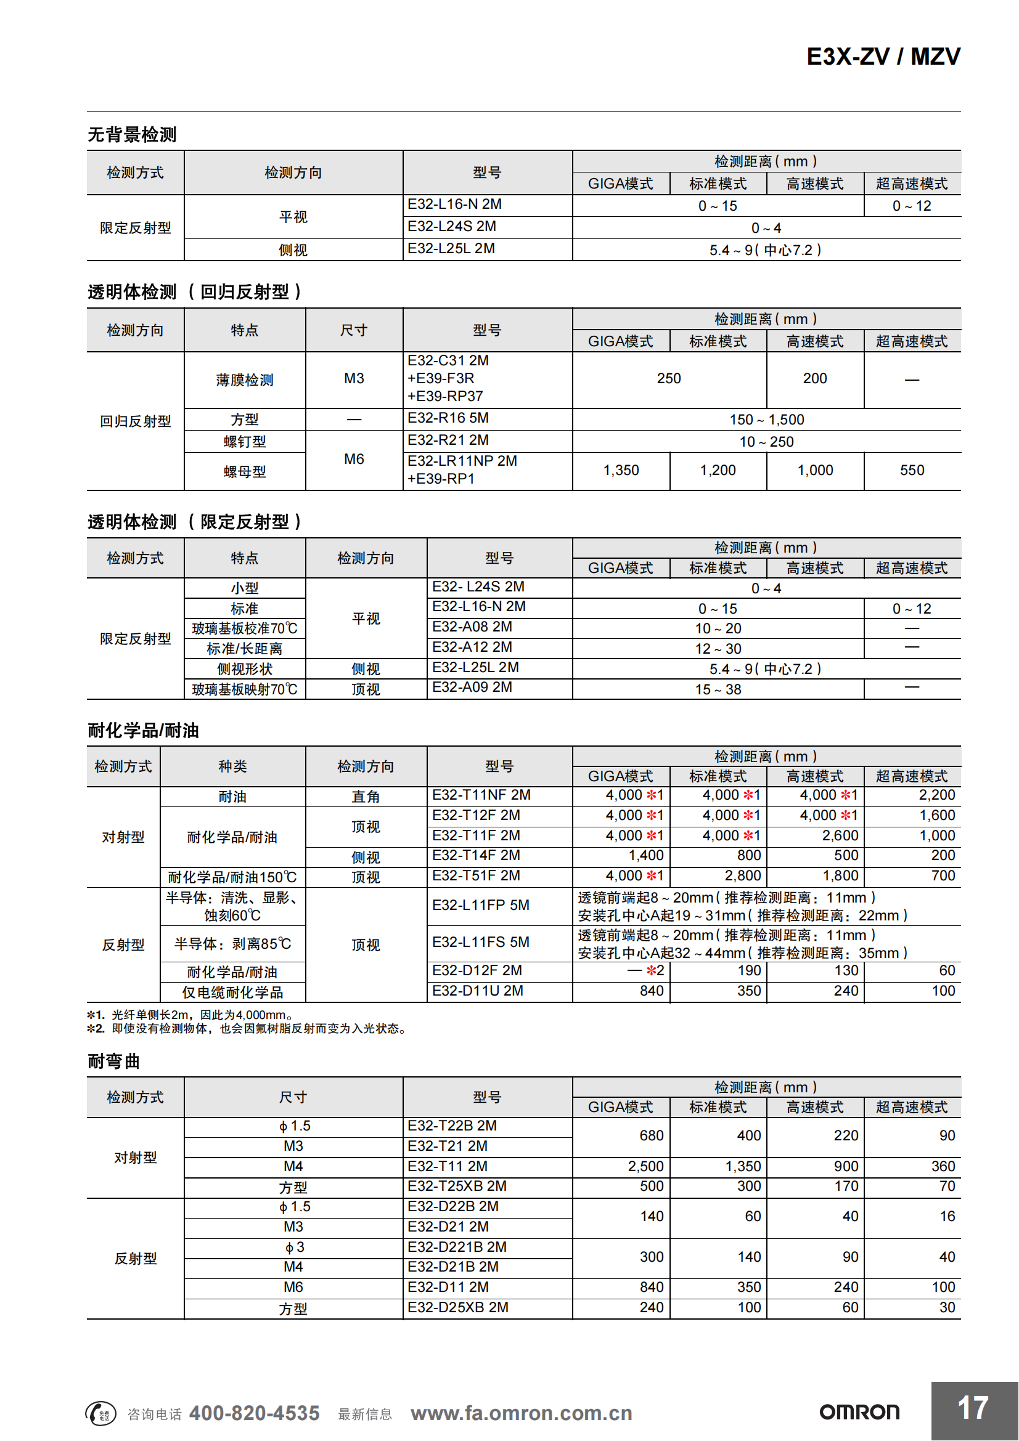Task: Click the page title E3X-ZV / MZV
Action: (x=882, y=57)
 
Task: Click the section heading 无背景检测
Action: (x=132, y=134)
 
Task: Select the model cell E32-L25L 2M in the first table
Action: (x=451, y=248)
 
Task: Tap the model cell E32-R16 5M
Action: (x=448, y=418)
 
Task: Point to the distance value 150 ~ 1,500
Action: (x=766, y=420)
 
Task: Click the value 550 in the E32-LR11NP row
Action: (x=912, y=470)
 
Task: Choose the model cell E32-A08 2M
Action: (x=472, y=627)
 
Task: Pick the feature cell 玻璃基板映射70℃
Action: (x=244, y=689)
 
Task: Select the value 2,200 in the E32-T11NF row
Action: (x=936, y=795)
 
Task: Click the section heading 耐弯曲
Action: (x=113, y=1061)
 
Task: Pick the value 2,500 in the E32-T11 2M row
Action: (x=645, y=1166)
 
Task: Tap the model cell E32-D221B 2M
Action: (x=456, y=1247)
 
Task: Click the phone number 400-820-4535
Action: (x=254, y=1413)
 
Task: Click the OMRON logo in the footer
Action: (x=859, y=1412)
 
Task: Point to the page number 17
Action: (x=973, y=1408)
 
